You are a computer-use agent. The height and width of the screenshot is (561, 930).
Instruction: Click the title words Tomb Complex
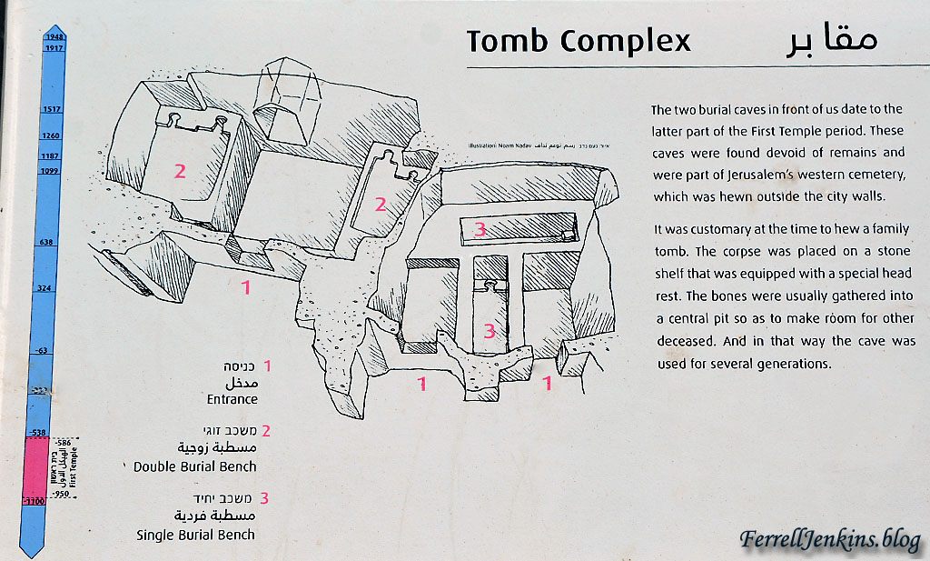pyautogui.click(x=579, y=41)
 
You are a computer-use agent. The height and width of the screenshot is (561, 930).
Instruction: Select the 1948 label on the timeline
pyautogui.click(x=50, y=37)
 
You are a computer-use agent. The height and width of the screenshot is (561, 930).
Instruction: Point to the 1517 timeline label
pyautogui.click(x=50, y=109)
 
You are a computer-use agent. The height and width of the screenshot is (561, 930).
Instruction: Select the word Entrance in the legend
pyautogui.click(x=232, y=399)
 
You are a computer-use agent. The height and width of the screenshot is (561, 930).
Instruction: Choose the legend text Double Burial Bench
pyautogui.click(x=194, y=466)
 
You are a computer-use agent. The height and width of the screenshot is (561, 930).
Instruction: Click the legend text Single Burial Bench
pyautogui.click(x=195, y=535)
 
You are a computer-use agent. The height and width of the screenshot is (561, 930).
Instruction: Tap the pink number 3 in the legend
pyautogui.click(x=264, y=498)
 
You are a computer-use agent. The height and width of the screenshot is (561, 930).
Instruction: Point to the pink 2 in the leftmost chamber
pyautogui.click(x=180, y=170)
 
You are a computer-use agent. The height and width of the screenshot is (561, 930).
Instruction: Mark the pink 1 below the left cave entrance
pyautogui.click(x=245, y=288)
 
